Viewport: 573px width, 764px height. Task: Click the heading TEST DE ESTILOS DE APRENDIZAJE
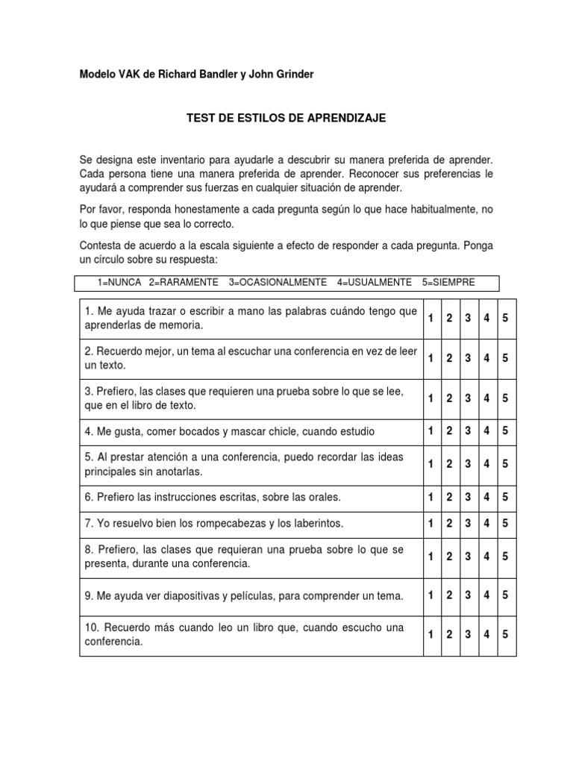286,119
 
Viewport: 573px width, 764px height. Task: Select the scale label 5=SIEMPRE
448,282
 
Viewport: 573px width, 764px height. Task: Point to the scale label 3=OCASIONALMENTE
278,282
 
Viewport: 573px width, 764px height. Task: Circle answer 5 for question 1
505,319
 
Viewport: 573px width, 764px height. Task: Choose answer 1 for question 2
431,358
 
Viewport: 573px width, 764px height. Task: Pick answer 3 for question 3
468,398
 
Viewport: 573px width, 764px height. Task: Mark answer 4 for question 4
486,430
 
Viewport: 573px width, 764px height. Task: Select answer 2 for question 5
450,463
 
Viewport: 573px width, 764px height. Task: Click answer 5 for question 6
505,496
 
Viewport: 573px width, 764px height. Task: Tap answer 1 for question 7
431,523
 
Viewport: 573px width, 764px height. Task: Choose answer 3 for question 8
468,557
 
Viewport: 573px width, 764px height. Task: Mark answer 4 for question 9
486,595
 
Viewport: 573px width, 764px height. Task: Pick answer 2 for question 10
450,635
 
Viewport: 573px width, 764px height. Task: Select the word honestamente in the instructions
207,211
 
